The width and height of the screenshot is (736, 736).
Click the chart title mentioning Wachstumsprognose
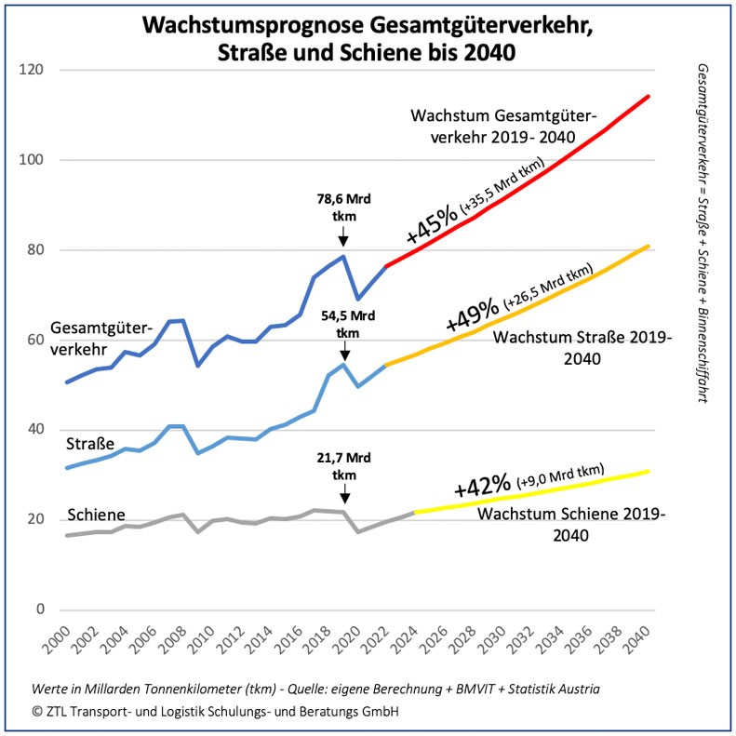click(x=367, y=38)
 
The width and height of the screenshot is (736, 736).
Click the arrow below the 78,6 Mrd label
click(x=343, y=240)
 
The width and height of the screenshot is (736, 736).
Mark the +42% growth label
click(x=482, y=486)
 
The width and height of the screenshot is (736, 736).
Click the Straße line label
click(x=90, y=446)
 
